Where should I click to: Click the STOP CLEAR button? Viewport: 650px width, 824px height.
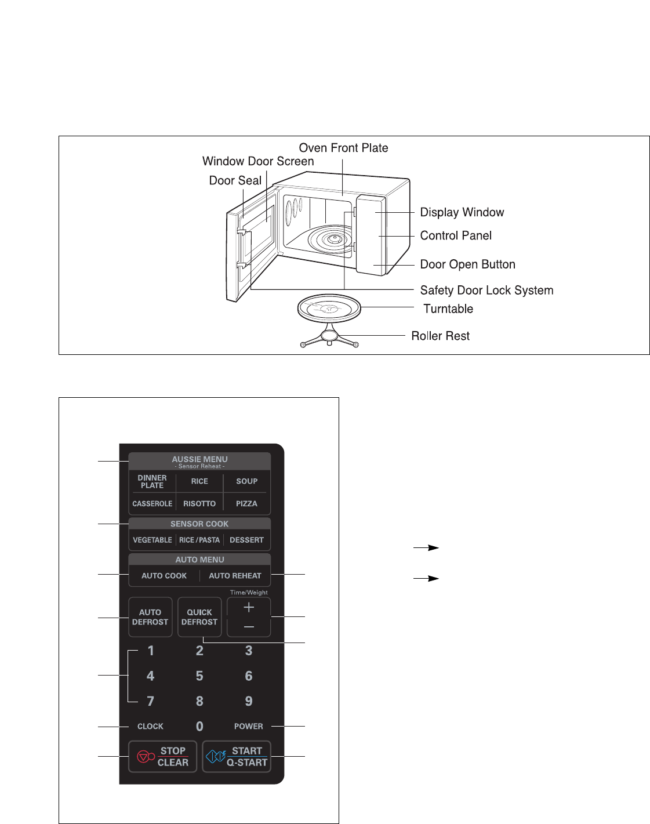click(162, 756)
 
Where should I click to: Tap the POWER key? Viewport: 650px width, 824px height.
click(248, 726)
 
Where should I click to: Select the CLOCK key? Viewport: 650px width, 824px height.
click(150, 726)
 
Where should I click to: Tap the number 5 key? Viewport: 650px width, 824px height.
click(199, 676)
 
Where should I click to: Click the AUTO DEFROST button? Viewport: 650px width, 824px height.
click(150, 617)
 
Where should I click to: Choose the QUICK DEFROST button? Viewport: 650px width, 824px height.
click(199, 617)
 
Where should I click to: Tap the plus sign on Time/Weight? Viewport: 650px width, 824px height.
click(249, 607)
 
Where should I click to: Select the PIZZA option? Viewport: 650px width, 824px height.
click(246, 503)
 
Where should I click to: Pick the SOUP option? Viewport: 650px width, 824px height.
click(246, 481)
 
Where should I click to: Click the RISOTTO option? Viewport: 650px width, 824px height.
click(199, 503)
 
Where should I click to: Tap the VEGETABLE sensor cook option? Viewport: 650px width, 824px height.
click(152, 540)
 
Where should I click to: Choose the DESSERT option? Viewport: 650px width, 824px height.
click(246, 540)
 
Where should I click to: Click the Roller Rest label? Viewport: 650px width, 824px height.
click(440, 336)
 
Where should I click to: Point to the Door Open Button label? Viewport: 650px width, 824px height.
click(467, 264)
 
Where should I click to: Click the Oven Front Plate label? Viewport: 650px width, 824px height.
click(343, 148)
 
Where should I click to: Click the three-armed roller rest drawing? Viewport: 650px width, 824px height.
click(329, 338)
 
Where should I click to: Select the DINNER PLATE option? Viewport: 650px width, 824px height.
click(152, 481)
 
